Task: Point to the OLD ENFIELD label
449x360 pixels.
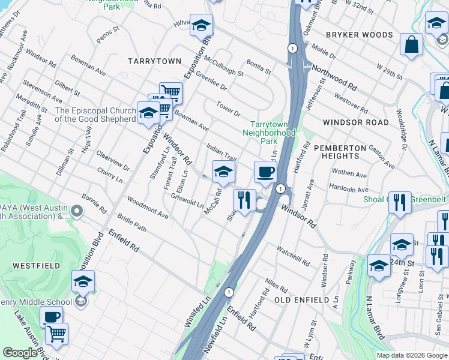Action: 301,299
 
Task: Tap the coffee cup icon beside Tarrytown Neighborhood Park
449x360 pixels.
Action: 265,173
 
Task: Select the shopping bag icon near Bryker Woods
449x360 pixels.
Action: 412,45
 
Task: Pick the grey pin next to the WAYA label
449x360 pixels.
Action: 76,211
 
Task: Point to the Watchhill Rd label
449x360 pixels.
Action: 293,256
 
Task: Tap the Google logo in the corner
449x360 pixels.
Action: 19,353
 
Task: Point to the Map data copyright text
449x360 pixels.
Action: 412,355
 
